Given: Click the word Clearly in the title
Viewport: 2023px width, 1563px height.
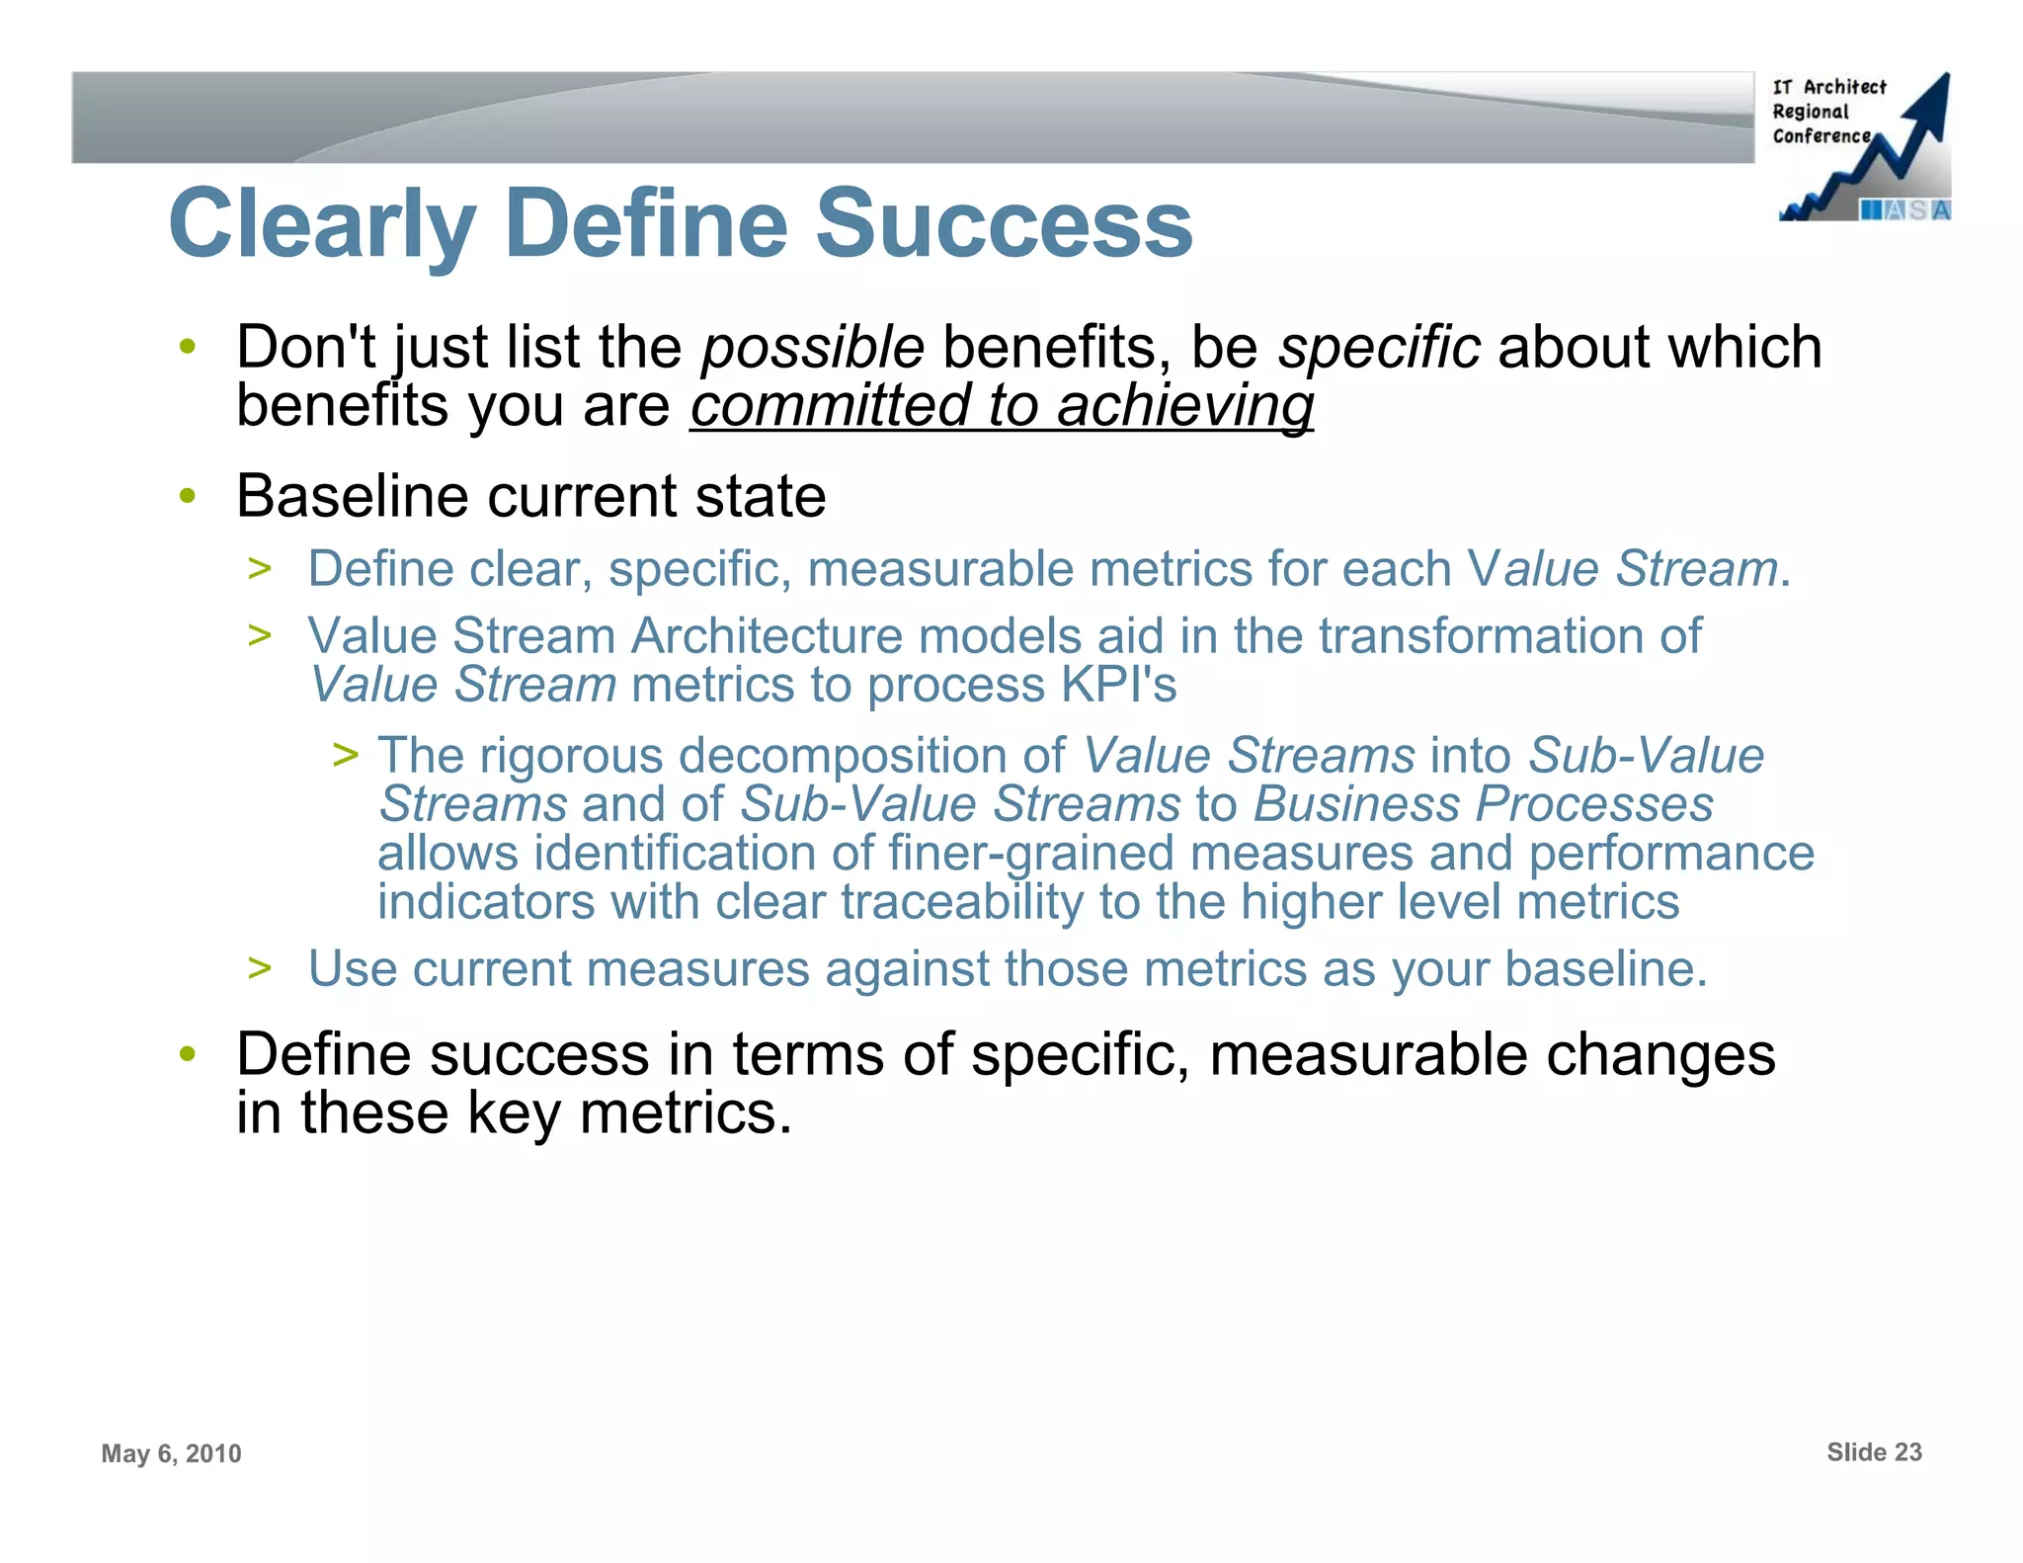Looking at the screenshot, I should [323, 224].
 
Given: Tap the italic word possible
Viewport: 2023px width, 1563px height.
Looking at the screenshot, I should [812, 348].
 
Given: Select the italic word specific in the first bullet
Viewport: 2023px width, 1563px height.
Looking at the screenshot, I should [1379, 348].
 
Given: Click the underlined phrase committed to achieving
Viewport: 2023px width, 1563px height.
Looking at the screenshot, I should [1002, 406].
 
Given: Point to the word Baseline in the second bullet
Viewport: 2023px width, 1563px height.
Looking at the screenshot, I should [352, 496].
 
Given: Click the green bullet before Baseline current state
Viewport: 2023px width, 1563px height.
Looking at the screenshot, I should [188, 497].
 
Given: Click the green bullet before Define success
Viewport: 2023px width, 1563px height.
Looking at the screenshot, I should [188, 1055].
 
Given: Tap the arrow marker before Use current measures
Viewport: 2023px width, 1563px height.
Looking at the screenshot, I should [260, 968].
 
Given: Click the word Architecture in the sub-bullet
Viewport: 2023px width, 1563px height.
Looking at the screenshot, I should [767, 635].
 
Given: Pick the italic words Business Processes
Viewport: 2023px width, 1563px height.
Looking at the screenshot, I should [1483, 804].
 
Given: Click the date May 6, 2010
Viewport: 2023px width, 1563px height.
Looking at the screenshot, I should [171, 1453].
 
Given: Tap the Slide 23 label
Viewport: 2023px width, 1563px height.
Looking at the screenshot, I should [1873, 1452].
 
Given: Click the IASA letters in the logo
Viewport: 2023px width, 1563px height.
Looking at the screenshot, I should [1904, 210].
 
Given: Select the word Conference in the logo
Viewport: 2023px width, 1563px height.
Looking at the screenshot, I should [1821, 136].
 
